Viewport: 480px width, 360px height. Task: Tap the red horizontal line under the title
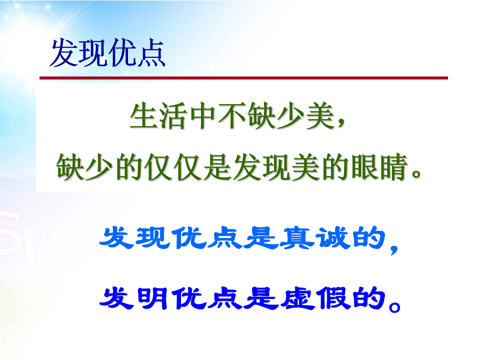pos(243,78)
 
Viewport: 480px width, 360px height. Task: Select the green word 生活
pos(158,116)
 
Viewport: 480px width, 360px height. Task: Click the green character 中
pos(202,116)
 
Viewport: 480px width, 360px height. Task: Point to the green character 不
pos(231,116)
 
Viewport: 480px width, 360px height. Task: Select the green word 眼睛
pos(379,167)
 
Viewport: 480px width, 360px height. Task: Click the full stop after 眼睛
pos(416,173)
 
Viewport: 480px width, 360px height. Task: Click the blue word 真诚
pos(315,238)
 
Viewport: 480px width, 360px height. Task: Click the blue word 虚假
pos(315,298)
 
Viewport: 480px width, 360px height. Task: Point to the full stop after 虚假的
pos(394,306)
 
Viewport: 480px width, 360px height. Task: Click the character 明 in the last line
pos(152,298)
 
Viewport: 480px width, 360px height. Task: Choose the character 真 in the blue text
pos(297,238)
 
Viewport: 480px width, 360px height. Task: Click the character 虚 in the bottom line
pos(297,298)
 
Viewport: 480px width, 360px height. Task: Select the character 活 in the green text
pos(173,116)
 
